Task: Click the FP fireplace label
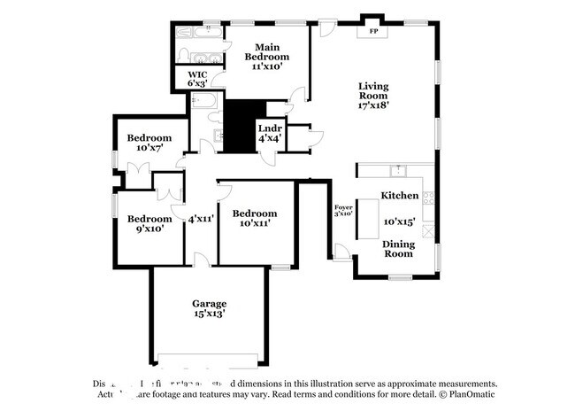[372, 32]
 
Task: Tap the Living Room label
[373, 96]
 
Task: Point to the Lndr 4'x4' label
[270, 134]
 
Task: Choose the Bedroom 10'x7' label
[148, 144]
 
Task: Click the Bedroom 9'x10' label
[148, 224]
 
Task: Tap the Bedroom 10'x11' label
[254, 218]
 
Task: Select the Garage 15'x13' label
[210, 308]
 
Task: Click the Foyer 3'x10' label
[343, 211]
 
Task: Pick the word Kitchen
[399, 195]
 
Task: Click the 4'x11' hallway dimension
[201, 218]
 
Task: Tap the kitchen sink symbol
[399, 168]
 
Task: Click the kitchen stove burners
[428, 198]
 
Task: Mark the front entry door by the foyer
[341, 253]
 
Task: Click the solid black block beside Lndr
[238, 127]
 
